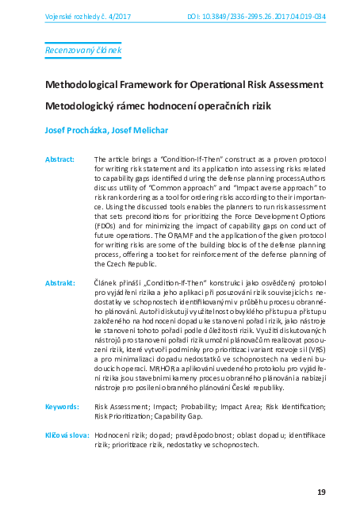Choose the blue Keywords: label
[x=62, y=405]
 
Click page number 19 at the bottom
[x=321, y=492]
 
